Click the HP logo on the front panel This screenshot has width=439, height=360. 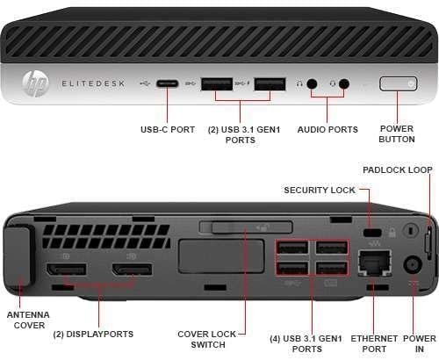pos(36,84)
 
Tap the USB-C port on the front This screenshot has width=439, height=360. pos(169,84)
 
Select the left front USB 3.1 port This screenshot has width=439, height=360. pos(215,84)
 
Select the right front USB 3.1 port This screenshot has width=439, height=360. pos(270,84)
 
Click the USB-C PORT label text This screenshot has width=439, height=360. pos(168,129)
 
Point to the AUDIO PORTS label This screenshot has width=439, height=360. pos(329,129)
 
